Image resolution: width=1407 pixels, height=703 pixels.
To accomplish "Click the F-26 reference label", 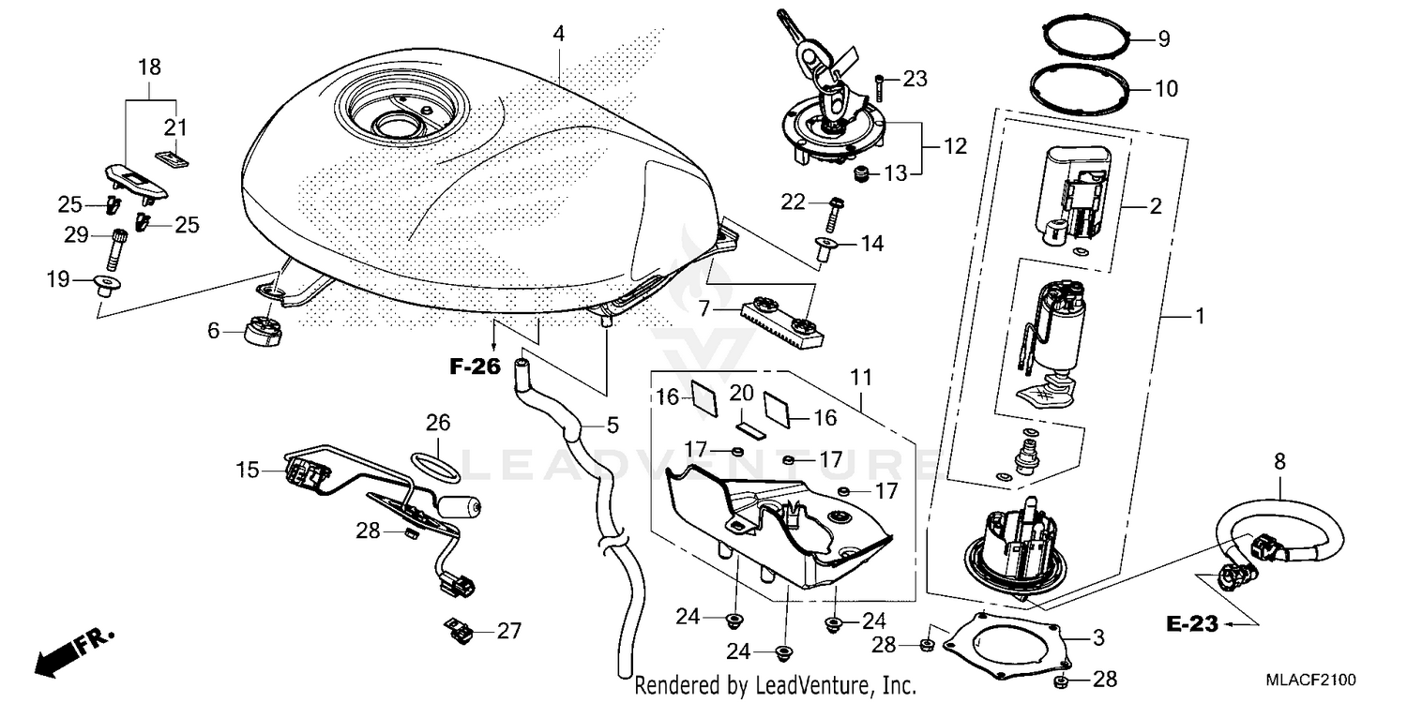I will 476,366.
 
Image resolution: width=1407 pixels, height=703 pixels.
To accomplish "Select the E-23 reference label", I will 1191,623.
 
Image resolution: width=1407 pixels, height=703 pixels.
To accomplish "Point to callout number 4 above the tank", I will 558,34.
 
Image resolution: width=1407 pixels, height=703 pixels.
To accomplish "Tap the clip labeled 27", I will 458,633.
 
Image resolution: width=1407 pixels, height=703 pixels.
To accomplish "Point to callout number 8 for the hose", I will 1279,461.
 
